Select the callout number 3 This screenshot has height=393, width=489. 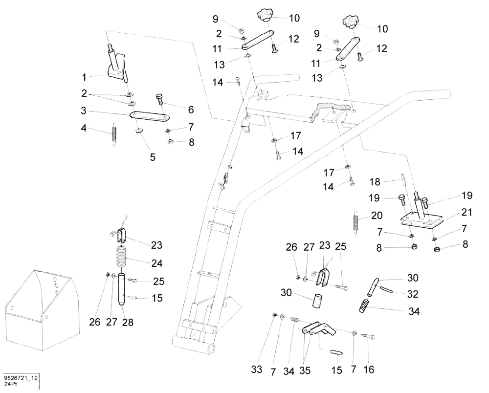pyautogui.click(x=84, y=112)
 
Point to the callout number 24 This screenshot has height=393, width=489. pyautogui.click(x=156, y=263)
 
